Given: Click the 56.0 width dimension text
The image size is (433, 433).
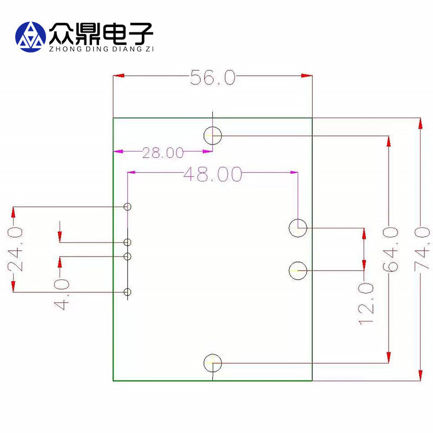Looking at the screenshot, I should pyautogui.click(x=213, y=78).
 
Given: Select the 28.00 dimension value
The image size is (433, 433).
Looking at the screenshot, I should pyautogui.click(x=163, y=153).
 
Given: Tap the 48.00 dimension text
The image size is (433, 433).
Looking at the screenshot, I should pyautogui.click(x=212, y=174).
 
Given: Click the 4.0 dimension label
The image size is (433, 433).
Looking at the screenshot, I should pyautogui.click(x=62, y=294).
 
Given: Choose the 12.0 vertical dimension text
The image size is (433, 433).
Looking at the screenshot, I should pyautogui.click(x=366, y=303).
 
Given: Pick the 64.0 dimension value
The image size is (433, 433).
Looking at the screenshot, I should pyautogui.click(x=390, y=249).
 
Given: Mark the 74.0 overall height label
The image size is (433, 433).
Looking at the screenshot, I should pyautogui.click(x=422, y=249).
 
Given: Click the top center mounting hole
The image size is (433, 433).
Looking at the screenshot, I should pyautogui.click(x=213, y=135).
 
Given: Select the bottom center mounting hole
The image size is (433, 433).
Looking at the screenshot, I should pyautogui.click(x=213, y=363).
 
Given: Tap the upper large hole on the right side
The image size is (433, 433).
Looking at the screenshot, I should pyautogui.click(x=298, y=228).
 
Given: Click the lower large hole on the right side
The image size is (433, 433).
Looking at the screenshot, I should pyautogui.click(x=298, y=270).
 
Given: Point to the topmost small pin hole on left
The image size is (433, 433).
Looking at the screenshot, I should pyautogui.click(x=128, y=207).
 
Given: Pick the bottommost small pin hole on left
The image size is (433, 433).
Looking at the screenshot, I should pyautogui.click(x=128, y=293).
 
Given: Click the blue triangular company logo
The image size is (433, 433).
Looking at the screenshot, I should pyautogui.click(x=31, y=36).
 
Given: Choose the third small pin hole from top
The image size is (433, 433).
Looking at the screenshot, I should pyautogui.click(x=128, y=256).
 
